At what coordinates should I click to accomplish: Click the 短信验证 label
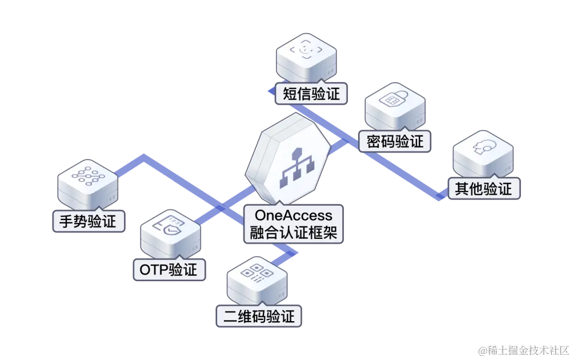(x=311, y=94)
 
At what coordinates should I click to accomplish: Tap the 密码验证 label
(x=395, y=141)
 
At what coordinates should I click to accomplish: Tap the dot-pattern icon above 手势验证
(x=89, y=176)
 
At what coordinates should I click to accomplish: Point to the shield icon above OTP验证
(x=170, y=226)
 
